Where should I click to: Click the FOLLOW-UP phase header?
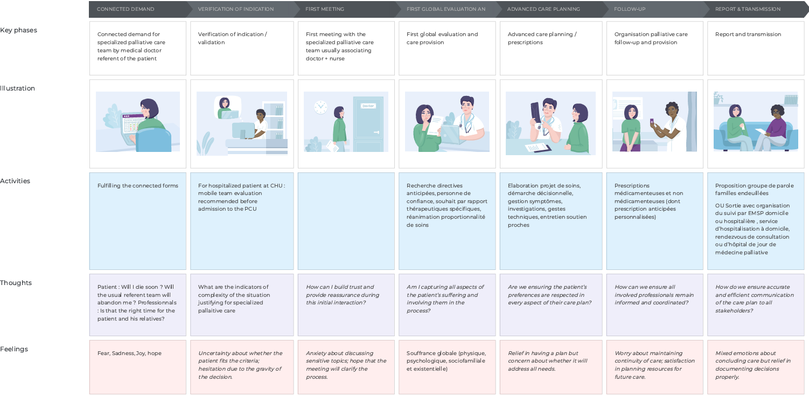(x=630, y=9)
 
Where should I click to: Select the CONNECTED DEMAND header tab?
(x=125, y=9)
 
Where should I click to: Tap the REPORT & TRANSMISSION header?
(x=748, y=9)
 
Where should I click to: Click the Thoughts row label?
(x=16, y=283)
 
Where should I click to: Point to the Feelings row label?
(x=14, y=349)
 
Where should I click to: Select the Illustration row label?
(x=17, y=88)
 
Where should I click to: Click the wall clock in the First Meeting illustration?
(x=320, y=107)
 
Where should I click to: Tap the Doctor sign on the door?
(x=368, y=106)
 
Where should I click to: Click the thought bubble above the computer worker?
(x=227, y=107)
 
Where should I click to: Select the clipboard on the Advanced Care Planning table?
(x=538, y=148)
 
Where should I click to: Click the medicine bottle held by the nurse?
(x=652, y=121)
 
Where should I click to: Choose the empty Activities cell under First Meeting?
(x=346, y=221)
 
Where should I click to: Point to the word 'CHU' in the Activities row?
(x=276, y=186)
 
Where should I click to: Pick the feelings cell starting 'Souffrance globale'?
(x=447, y=367)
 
